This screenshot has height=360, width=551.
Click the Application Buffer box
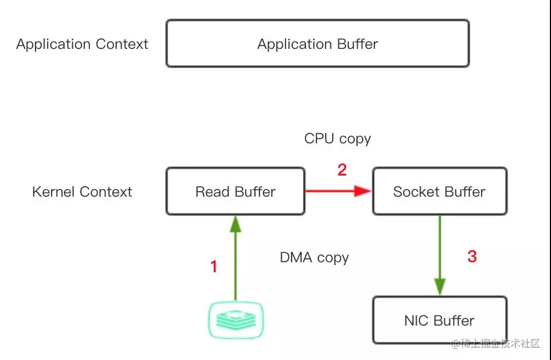tap(317, 44)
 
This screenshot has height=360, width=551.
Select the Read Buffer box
tap(235, 192)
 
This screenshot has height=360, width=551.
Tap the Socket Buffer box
tap(439, 192)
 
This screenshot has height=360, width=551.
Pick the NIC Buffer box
tap(439, 321)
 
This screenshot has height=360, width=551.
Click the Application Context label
tap(82, 44)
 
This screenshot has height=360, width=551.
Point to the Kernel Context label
tap(82, 192)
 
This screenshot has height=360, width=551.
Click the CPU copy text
tap(337, 138)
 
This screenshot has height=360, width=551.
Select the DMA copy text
tap(314, 258)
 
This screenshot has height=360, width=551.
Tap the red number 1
tap(214, 267)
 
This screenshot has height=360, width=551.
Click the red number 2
tap(342, 170)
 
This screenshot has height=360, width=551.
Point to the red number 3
tap(472, 257)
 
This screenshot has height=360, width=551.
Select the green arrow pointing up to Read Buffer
tap(236, 256)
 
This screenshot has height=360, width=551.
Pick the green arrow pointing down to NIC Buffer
tap(440, 256)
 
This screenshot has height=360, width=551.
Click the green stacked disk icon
tap(236, 319)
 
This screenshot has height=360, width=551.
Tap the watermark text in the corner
tap(495, 344)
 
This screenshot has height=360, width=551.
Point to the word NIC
tap(416, 321)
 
